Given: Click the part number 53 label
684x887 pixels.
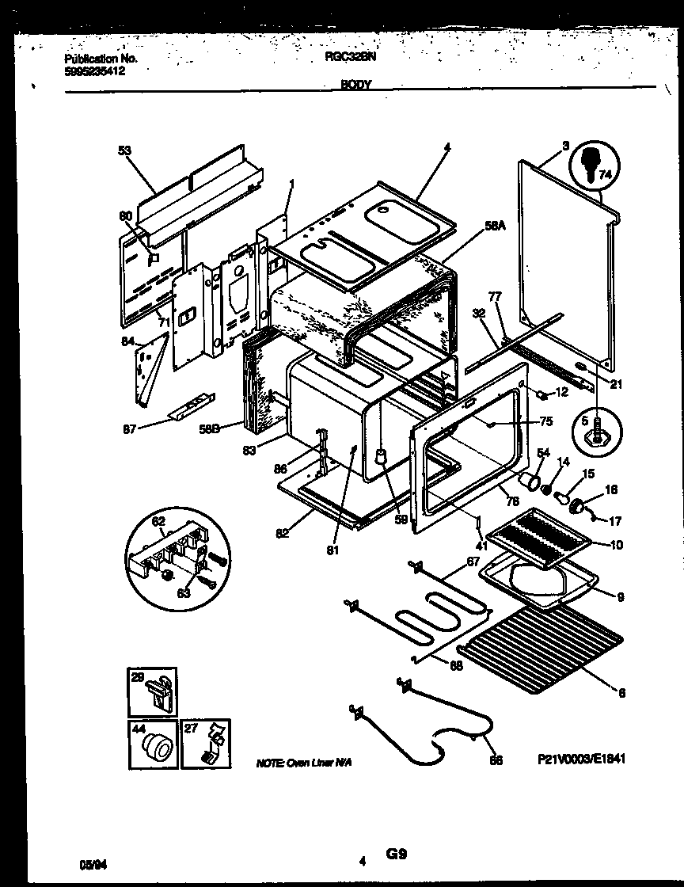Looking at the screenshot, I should [x=124, y=150].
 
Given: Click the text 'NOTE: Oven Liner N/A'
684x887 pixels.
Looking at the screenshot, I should [x=303, y=762].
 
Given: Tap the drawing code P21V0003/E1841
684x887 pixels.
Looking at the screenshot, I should [x=581, y=758].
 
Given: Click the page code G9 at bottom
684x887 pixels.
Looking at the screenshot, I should [x=397, y=855].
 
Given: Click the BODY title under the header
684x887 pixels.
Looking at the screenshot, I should [x=356, y=84].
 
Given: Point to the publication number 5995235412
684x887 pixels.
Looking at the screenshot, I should [x=94, y=70].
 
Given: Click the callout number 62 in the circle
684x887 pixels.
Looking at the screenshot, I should [x=158, y=522].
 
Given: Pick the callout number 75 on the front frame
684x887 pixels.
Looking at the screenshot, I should [x=545, y=421].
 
